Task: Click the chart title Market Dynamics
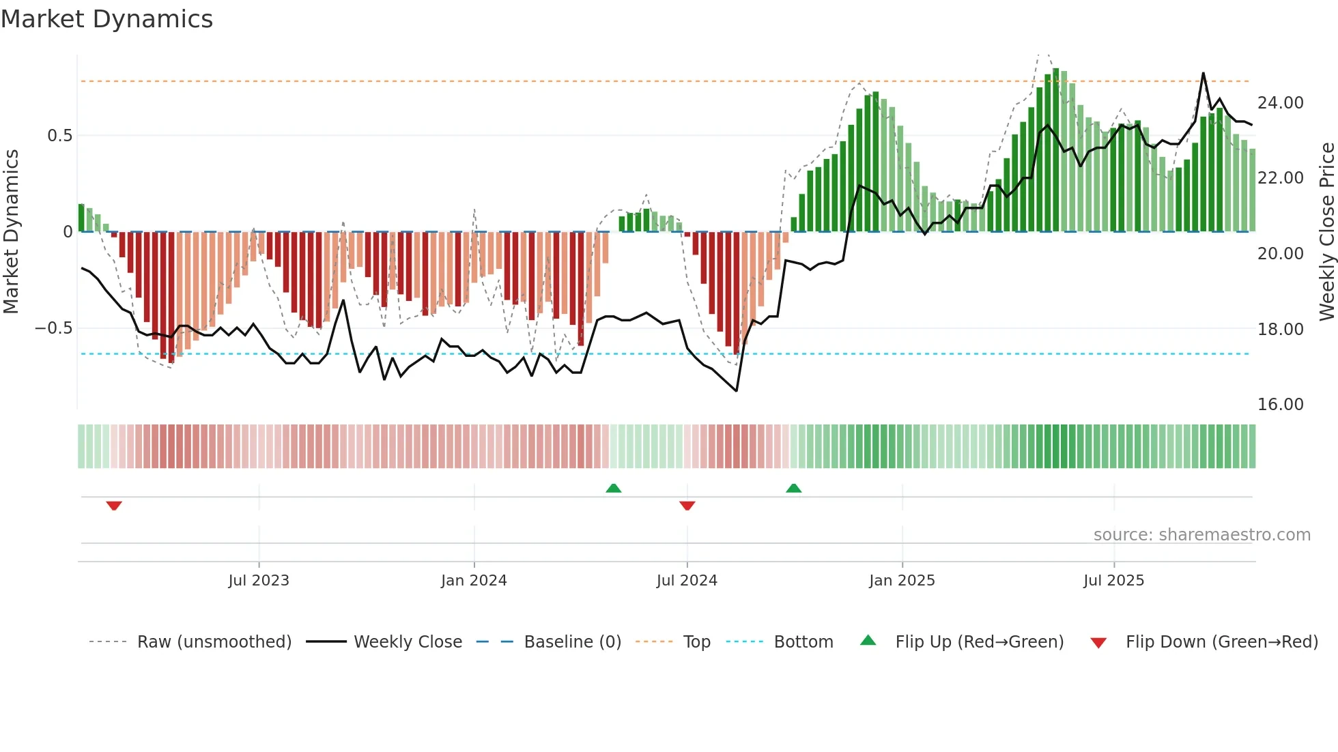pyautogui.click(x=106, y=19)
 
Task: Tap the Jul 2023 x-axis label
pyautogui.click(x=259, y=581)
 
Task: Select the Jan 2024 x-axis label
pyautogui.click(x=474, y=581)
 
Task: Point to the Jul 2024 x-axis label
pyautogui.click(x=687, y=581)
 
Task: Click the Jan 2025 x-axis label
pyautogui.click(x=902, y=581)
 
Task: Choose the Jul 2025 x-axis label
pyautogui.click(x=1113, y=581)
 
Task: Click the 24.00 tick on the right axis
pyautogui.click(x=1280, y=103)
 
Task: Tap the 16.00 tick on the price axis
pyautogui.click(x=1280, y=405)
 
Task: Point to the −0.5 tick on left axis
pyautogui.click(x=53, y=328)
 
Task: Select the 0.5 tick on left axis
pyautogui.click(x=59, y=136)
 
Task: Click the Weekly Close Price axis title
pyautogui.click(x=1326, y=231)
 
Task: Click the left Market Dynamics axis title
pyautogui.click(x=11, y=231)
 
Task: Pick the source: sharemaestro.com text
pyautogui.click(x=1201, y=535)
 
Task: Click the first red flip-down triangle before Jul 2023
pyautogui.click(x=114, y=506)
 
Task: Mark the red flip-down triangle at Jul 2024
pyautogui.click(x=687, y=506)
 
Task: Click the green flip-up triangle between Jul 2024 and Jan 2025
pyautogui.click(x=793, y=489)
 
